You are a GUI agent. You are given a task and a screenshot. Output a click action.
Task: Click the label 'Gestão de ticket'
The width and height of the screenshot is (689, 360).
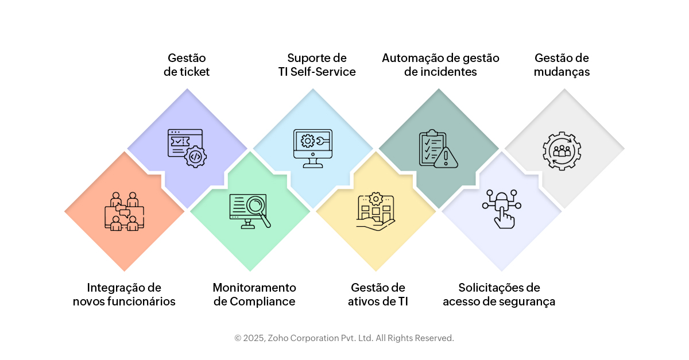click(x=187, y=65)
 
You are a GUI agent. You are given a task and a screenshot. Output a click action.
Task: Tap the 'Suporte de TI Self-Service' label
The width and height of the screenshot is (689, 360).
click(x=313, y=65)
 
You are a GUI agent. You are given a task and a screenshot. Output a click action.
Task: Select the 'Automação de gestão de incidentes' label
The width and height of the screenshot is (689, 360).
click(x=440, y=65)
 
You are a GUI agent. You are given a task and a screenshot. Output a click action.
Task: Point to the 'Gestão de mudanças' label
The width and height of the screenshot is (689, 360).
click(x=562, y=65)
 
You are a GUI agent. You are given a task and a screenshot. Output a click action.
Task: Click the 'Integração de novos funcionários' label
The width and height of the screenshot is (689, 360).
click(x=124, y=295)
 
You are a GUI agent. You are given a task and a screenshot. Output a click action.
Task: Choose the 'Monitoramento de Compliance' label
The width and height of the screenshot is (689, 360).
click(x=254, y=295)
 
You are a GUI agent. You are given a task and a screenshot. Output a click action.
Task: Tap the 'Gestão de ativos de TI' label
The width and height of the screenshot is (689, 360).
click(x=378, y=295)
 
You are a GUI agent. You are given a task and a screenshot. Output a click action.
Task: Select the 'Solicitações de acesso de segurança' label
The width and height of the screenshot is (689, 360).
click(x=499, y=295)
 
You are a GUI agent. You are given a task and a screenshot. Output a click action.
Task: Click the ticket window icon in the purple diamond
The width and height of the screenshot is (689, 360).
click(x=187, y=148)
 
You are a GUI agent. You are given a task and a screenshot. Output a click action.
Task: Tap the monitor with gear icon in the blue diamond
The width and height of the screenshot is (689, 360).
click(x=313, y=148)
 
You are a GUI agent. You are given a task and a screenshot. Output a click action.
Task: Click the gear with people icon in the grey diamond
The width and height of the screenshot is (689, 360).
click(x=562, y=151)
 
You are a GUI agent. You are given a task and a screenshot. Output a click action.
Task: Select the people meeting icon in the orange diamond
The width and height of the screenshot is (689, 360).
click(x=124, y=211)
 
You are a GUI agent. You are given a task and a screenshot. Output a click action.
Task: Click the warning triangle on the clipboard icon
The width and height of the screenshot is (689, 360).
click(x=446, y=157)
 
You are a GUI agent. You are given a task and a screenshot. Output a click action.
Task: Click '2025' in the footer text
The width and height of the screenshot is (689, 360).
click(x=253, y=338)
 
